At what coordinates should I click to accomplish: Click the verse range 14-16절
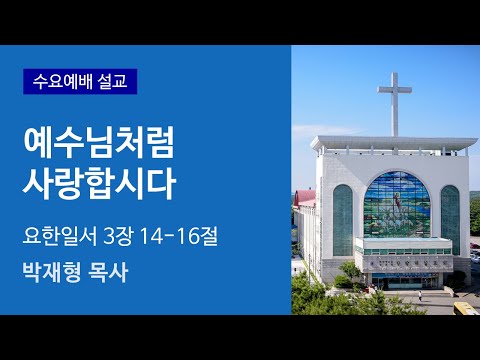click(x=187, y=236)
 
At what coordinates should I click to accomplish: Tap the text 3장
click(x=121, y=236)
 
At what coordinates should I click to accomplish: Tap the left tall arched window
click(x=342, y=219)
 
